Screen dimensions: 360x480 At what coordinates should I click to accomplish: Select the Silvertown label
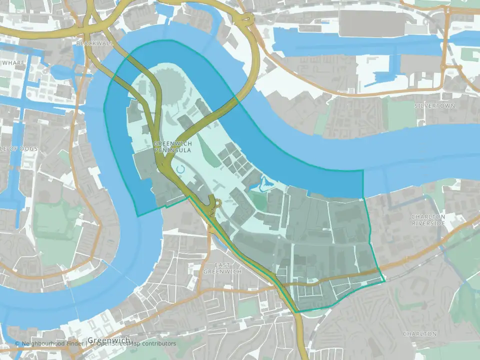[434, 106]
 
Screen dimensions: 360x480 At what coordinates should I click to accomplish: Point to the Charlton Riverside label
[428, 220]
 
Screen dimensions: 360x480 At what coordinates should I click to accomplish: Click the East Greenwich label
[222, 268]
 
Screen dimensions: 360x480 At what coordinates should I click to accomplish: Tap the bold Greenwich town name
[109, 340]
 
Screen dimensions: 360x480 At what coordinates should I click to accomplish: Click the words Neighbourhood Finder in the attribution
[52, 343]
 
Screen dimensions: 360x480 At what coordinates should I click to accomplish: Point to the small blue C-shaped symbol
[180, 169]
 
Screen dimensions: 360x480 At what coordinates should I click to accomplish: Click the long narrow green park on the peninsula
[209, 147]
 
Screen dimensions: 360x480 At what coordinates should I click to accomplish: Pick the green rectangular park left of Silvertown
[400, 114]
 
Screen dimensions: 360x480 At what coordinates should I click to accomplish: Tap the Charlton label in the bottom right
[419, 333]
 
